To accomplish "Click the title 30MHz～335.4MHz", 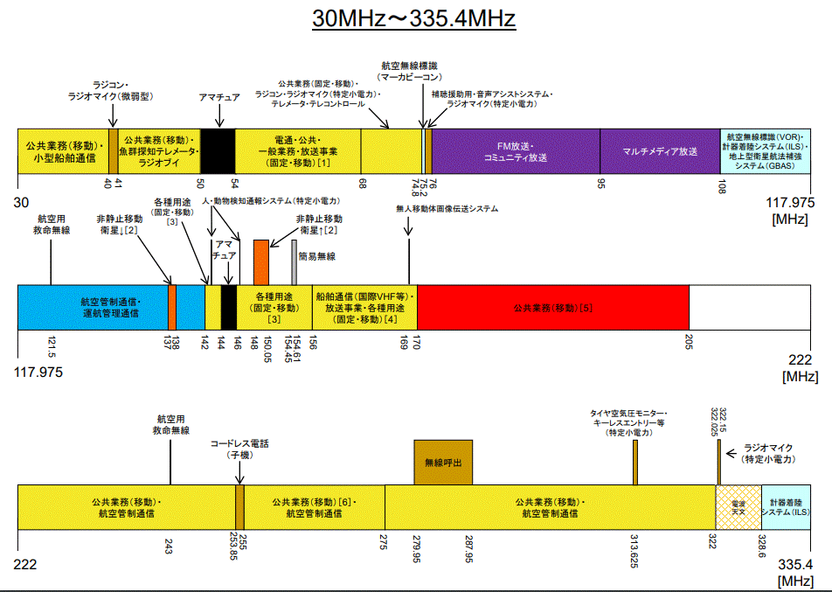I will [x=414, y=18].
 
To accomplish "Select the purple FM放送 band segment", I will [x=516, y=151].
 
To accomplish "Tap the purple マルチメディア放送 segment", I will [x=660, y=151].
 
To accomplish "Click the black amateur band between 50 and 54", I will [x=218, y=151].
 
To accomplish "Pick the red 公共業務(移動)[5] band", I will [x=553, y=307].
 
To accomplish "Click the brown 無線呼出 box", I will [x=442, y=462].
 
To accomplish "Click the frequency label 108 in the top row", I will [x=721, y=185].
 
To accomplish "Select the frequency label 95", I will [x=600, y=185].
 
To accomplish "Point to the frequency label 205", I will [x=689, y=341].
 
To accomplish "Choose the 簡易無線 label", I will [x=316, y=256].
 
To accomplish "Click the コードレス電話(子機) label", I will [x=239, y=449].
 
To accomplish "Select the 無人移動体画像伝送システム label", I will [x=447, y=209].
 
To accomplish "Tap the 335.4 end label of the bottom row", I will [x=795, y=564].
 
